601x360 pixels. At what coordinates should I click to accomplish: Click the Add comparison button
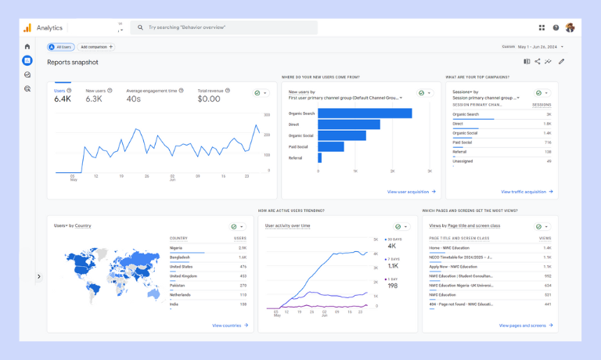click(96, 47)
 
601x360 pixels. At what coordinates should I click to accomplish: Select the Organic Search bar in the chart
click(365, 113)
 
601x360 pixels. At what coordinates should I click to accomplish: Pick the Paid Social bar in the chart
click(331, 146)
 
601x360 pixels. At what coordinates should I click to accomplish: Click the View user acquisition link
click(411, 192)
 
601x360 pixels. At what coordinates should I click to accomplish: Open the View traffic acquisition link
click(527, 192)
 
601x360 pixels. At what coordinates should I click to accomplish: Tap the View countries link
click(229, 326)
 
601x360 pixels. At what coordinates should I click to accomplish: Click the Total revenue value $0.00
click(209, 99)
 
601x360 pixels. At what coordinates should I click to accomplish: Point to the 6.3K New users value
click(94, 99)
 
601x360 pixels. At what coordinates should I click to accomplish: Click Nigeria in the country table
click(176, 248)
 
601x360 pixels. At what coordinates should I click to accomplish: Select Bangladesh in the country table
click(180, 257)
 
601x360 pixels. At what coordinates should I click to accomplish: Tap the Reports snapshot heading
click(73, 62)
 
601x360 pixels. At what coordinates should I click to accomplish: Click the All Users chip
click(61, 47)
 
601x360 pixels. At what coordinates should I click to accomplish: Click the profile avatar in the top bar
click(570, 27)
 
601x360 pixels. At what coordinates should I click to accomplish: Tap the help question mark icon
click(556, 27)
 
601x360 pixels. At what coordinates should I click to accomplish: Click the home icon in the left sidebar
click(27, 47)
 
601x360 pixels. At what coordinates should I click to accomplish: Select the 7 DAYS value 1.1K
click(393, 266)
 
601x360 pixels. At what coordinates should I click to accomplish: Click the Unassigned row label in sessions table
click(462, 161)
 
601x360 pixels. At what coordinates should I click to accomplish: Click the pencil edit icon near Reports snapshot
click(561, 62)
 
